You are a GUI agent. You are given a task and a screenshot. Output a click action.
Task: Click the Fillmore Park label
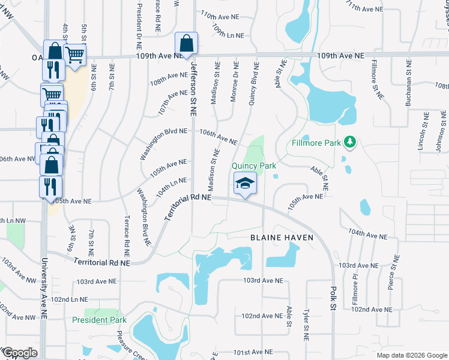pyautogui.click(x=316, y=143)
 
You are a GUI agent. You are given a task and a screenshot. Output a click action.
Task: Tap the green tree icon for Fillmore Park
pyautogui.click(x=349, y=142)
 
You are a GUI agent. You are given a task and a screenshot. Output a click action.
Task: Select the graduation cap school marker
pyautogui.click(x=245, y=183)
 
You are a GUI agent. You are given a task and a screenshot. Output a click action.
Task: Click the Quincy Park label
pyautogui.click(x=255, y=165)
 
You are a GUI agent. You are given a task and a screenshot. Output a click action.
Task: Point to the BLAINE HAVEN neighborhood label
pyautogui.click(x=282, y=238)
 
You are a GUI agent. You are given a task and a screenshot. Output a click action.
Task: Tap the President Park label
pyautogui.click(x=99, y=320)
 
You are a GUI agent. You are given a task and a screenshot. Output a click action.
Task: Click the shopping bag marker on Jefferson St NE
pyautogui.click(x=186, y=43)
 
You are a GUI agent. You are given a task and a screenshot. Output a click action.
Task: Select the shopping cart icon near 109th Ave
pyautogui.click(x=74, y=55)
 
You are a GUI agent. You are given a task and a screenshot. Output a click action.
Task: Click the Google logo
pyautogui.click(x=19, y=353)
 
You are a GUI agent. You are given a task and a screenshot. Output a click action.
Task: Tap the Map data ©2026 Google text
pyautogui.click(x=411, y=355)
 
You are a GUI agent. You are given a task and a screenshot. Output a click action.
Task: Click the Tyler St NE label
pyautogui.click(x=306, y=324)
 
